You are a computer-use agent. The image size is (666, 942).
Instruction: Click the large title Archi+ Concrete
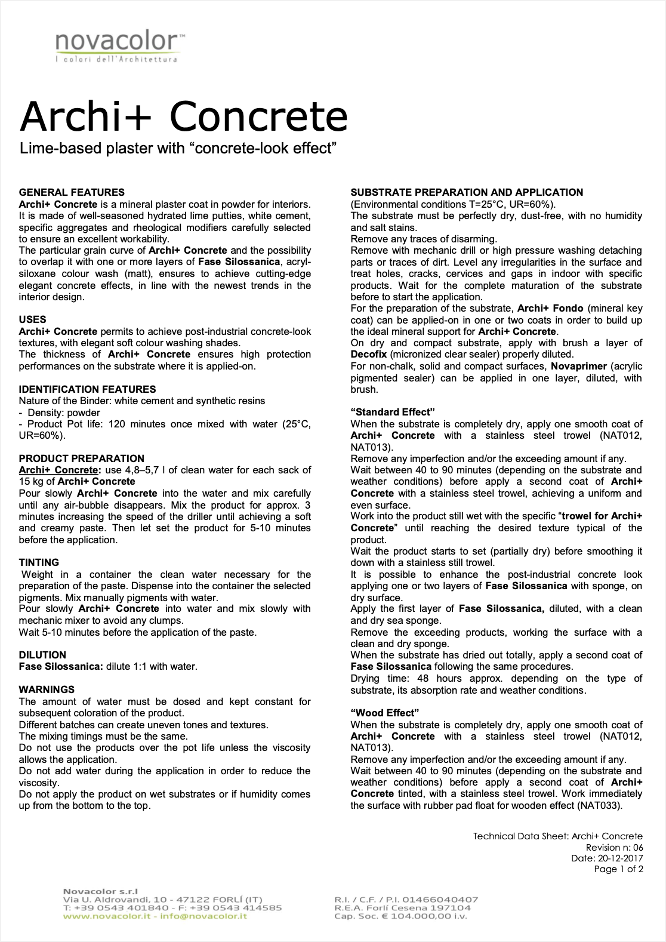click(183, 116)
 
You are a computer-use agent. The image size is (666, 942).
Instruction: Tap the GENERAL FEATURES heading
click(72, 192)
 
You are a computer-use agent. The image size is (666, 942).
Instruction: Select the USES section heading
click(32, 319)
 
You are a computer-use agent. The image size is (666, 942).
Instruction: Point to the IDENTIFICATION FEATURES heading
click(87, 389)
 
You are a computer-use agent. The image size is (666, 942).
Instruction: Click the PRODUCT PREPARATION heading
click(81, 458)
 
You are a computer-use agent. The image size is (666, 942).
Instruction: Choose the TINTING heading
click(39, 562)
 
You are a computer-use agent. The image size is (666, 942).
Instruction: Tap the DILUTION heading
click(42, 655)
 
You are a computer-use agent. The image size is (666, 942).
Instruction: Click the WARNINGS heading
click(47, 689)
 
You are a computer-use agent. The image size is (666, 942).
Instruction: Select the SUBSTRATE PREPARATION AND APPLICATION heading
click(467, 192)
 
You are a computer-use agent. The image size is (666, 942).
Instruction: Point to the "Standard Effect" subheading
click(392, 412)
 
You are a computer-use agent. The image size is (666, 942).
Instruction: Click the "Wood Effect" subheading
click(385, 713)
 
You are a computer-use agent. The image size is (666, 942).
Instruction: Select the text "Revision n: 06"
click(614, 848)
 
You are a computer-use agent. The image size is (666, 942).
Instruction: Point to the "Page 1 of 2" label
click(618, 869)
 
